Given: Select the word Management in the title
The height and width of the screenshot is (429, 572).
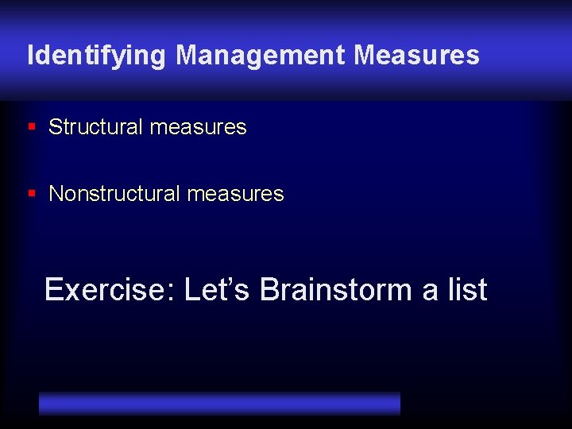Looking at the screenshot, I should coord(261,56).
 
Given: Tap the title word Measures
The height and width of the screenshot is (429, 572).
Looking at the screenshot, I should coord(416,56).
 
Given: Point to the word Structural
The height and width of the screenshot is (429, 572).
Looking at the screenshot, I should coord(95,127).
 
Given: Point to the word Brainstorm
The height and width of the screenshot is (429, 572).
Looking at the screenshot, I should coord(336,290).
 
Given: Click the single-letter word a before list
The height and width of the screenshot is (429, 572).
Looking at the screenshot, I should coord(430,292).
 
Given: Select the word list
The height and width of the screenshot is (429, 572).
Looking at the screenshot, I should coord(467,290).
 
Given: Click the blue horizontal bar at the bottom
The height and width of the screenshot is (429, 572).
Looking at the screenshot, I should coord(219,403).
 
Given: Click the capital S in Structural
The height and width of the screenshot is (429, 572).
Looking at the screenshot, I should coord(55,127).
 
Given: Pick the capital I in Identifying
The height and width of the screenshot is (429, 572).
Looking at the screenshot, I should coord(30,56).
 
